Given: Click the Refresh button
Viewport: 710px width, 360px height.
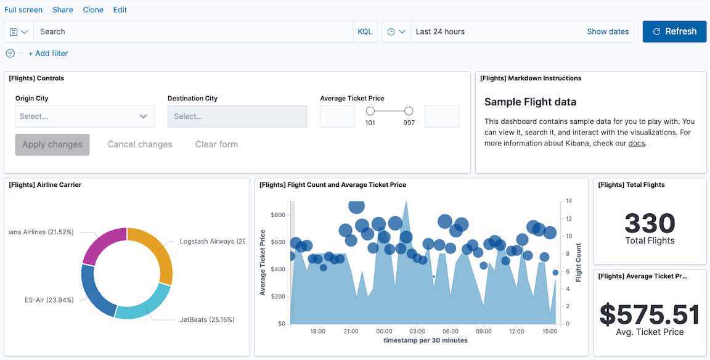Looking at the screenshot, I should [x=674, y=31].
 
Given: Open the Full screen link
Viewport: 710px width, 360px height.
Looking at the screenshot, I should [x=23, y=10].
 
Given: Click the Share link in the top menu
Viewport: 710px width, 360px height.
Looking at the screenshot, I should [x=63, y=10].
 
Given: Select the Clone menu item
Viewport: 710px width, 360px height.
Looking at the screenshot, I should [x=93, y=10].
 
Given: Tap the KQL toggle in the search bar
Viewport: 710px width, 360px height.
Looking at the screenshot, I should [x=365, y=31].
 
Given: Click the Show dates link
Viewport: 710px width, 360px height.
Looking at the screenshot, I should [x=608, y=31].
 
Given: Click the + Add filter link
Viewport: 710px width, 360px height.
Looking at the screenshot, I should [x=48, y=54].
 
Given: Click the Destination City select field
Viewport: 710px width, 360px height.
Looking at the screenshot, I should [x=237, y=117].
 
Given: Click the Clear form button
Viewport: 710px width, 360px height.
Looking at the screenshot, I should [x=216, y=144].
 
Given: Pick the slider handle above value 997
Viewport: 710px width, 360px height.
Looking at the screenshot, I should [x=409, y=111].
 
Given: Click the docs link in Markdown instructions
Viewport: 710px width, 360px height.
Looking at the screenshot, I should [x=637, y=144].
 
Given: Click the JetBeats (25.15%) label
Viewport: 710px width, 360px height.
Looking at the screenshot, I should [x=207, y=319].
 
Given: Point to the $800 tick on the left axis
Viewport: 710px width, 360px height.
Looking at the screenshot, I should [x=278, y=215].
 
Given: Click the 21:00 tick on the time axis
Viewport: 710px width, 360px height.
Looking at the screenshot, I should [x=351, y=331].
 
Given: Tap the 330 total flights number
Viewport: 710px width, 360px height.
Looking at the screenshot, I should [x=650, y=223].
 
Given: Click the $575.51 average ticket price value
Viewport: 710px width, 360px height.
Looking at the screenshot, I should [x=650, y=314].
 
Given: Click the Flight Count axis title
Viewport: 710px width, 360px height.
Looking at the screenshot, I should [x=579, y=263].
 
